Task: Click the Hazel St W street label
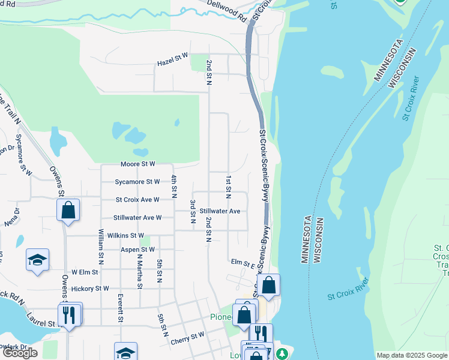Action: [x=172, y=60]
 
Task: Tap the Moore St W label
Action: [x=137, y=163]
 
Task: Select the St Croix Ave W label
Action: [x=137, y=199]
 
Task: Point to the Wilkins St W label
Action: [x=125, y=235]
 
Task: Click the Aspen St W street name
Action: [x=138, y=249]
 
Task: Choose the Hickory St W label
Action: [x=90, y=288]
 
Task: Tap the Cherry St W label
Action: [x=188, y=338]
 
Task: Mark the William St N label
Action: [x=101, y=242]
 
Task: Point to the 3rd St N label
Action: [x=193, y=212]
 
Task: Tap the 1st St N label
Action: [x=229, y=187]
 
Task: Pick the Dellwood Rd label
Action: [x=228, y=11]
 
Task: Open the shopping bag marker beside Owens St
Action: [x=68, y=211]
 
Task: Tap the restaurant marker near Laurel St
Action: [x=69, y=314]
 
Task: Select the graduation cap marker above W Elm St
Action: [x=37, y=260]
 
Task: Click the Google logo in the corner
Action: [x=20, y=353]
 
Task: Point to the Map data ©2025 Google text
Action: [x=411, y=355]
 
